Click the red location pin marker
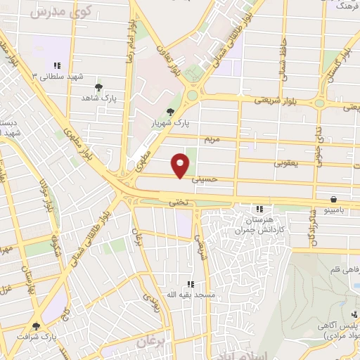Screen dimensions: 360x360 pyautogui.click(x=181, y=165)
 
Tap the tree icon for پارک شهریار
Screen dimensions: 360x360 pyautogui.click(x=169, y=111)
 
